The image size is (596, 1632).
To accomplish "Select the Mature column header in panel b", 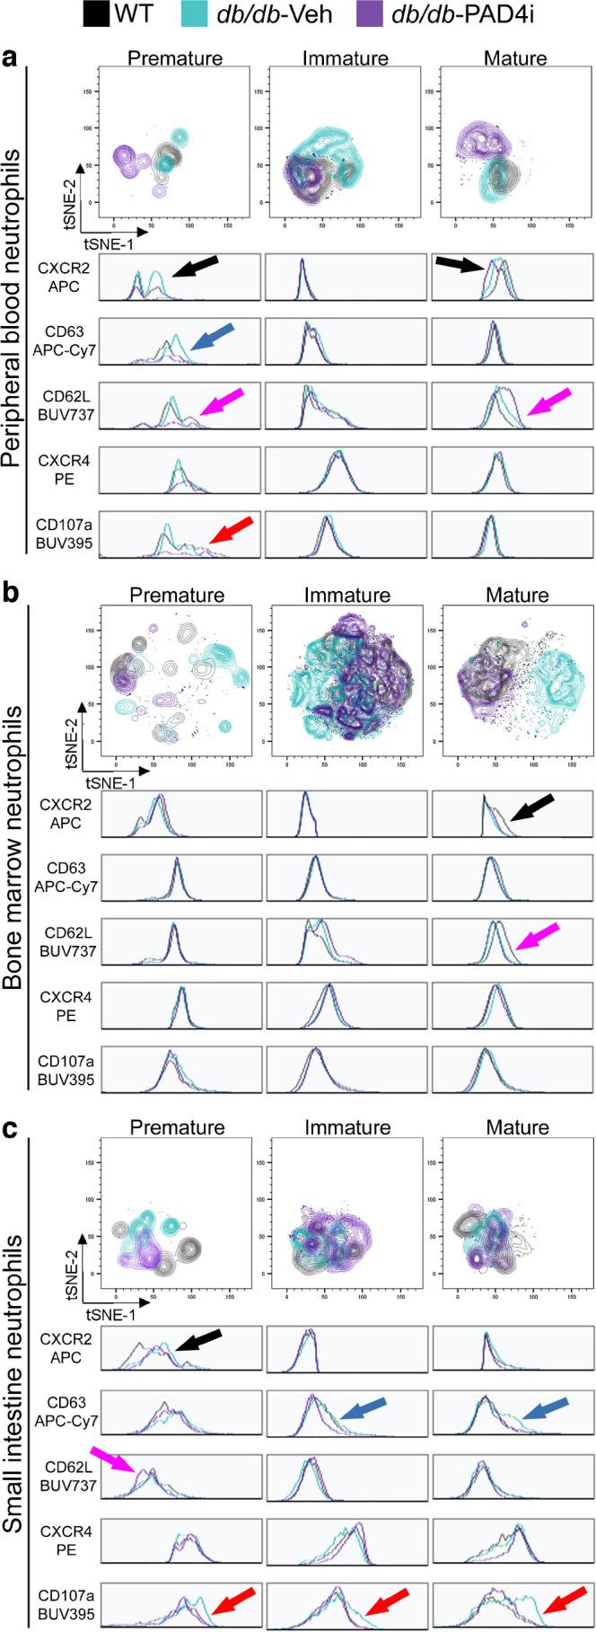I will [x=515, y=595].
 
